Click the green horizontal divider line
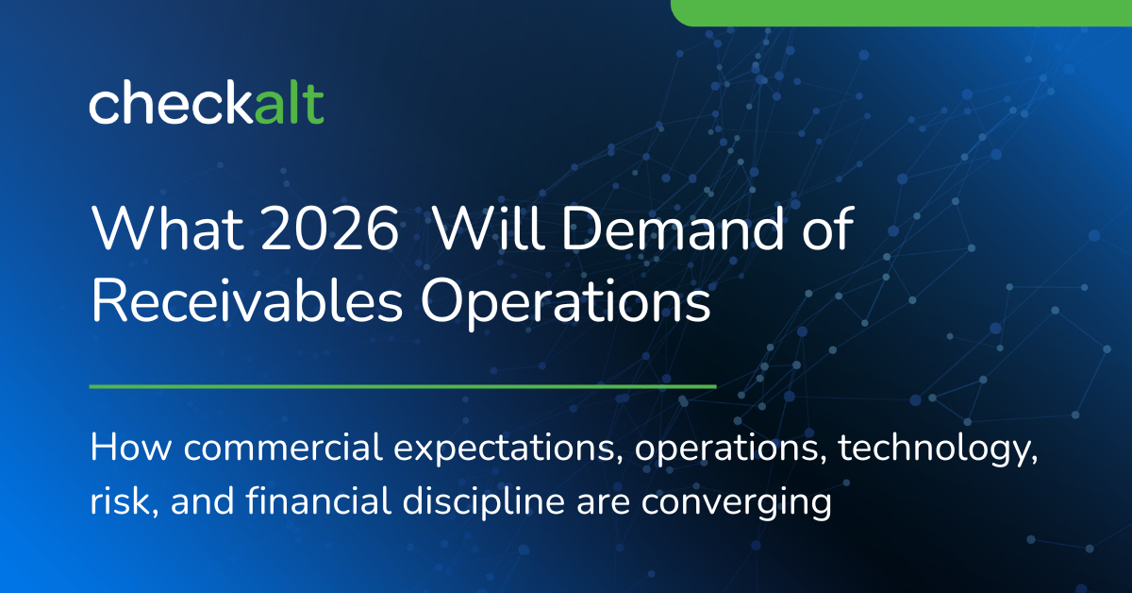tap(403, 386)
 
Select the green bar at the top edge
tap(901, 11)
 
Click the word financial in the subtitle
tap(297, 501)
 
